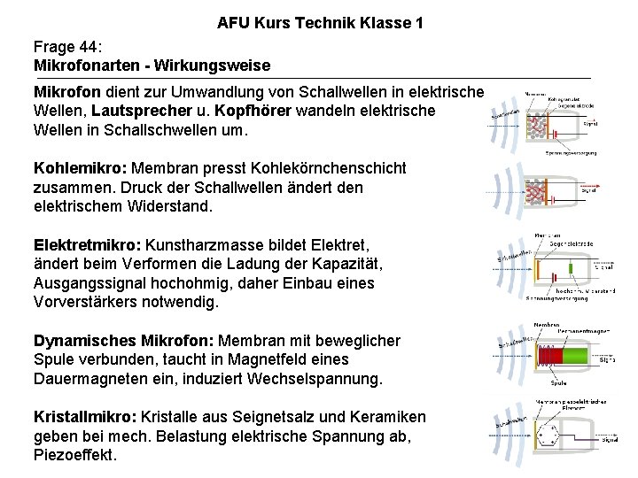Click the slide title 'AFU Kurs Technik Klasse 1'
pyautogui.click(x=319, y=23)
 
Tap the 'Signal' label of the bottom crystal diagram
pyautogui.click(x=610, y=440)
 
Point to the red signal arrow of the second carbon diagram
pyautogui.click(x=595, y=185)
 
